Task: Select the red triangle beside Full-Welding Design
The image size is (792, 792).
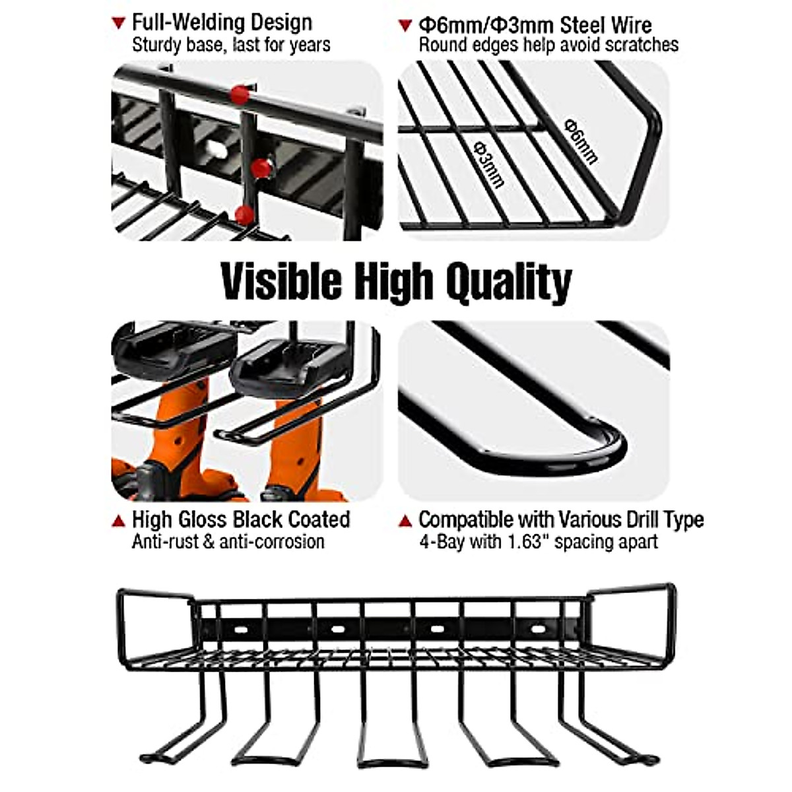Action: point(119,23)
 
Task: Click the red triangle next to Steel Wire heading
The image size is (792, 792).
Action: point(405,26)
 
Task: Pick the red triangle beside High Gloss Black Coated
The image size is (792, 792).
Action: point(119,521)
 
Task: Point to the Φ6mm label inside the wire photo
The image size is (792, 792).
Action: point(581,141)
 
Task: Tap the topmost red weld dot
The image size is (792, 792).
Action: point(240,95)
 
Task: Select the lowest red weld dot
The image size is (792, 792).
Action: point(244,214)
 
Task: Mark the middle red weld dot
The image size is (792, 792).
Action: point(261,168)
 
